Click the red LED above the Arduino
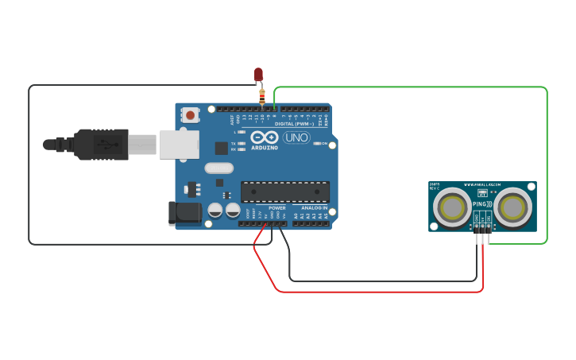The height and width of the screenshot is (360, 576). pyautogui.click(x=258, y=75)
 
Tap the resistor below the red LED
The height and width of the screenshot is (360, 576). pyautogui.click(x=261, y=97)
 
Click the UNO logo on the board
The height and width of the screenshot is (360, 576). pyautogui.click(x=296, y=137)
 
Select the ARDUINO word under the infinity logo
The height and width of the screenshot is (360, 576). pyautogui.click(x=265, y=148)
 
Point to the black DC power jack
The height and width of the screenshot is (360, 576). pyautogui.click(x=184, y=212)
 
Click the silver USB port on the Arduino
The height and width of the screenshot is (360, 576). pyautogui.click(x=180, y=145)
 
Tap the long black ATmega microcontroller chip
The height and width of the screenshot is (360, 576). pyautogui.click(x=285, y=192)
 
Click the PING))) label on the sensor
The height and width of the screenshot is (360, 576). pyautogui.click(x=482, y=204)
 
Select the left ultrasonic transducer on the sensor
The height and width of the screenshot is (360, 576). pyautogui.click(x=453, y=208)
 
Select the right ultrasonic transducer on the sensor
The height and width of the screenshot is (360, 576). pyautogui.click(x=514, y=208)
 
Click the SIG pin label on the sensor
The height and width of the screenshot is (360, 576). pyautogui.click(x=489, y=218)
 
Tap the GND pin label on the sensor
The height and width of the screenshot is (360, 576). pyautogui.click(x=477, y=218)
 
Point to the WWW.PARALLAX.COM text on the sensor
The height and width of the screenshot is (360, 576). pyautogui.click(x=482, y=184)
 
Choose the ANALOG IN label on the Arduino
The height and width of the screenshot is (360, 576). pyautogui.click(x=314, y=208)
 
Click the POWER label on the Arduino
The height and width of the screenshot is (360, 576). pyautogui.click(x=276, y=208)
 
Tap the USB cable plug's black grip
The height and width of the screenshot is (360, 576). pyautogui.click(x=101, y=145)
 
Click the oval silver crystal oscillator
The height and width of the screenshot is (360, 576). pyautogui.click(x=218, y=168)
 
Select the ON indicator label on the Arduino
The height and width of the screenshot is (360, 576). pyautogui.click(x=324, y=143)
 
